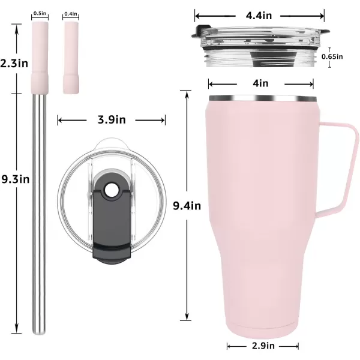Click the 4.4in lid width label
(259, 16)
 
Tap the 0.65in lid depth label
(332, 56)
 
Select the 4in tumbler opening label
(260, 83)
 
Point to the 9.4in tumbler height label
(187, 205)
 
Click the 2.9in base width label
(263, 346)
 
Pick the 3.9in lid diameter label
(112, 119)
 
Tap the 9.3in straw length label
(16, 179)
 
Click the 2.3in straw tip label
(14, 63)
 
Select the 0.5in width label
(40, 13)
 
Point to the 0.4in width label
(71, 14)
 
